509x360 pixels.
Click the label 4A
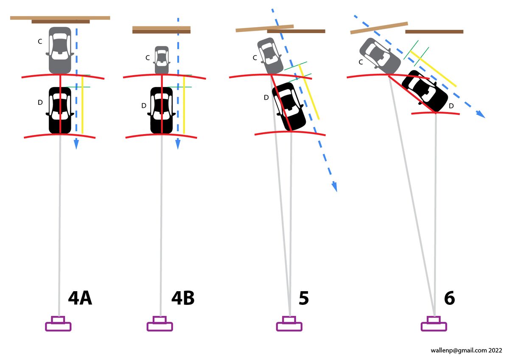pyautogui.click(x=80, y=298)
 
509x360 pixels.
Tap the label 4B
pyautogui.click(x=183, y=298)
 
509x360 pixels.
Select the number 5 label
pyautogui.click(x=304, y=298)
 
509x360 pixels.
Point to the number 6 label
pyautogui.click(x=449, y=298)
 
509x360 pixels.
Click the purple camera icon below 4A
pyautogui.click(x=58, y=324)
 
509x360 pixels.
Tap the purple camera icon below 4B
pyautogui.click(x=159, y=324)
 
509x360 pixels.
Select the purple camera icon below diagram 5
pyautogui.click(x=289, y=324)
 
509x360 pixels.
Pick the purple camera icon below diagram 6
pyautogui.click(x=433, y=324)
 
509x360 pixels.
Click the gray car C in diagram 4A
pyautogui.click(x=60, y=50)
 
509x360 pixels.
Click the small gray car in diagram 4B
pyautogui.click(x=162, y=59)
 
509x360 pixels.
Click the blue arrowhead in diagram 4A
pyautogui.click(x=76, y=144)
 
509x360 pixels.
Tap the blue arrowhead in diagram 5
pyautogui.click(x=334, y=187)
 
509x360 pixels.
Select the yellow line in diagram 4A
pyautogui.click(x=82, y=104)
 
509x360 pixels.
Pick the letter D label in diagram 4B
pyautogui.click(x=144, y=106)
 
